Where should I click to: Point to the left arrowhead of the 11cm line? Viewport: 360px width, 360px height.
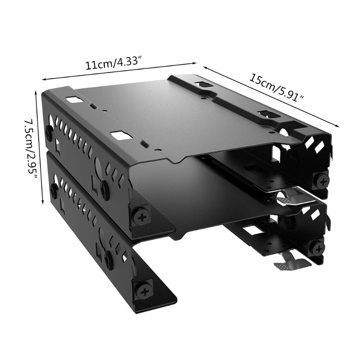coord(43,80)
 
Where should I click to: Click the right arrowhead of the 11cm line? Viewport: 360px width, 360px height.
coord(195,63)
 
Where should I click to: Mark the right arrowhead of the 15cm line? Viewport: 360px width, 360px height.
coord(337,126)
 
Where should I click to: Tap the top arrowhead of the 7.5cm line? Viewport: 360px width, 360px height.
coord(36,93)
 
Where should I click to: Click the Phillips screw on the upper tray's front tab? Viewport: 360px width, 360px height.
coord(141,216)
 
